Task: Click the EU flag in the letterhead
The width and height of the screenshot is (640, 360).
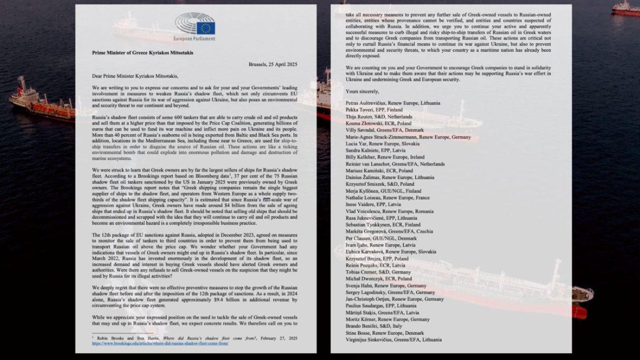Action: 205,28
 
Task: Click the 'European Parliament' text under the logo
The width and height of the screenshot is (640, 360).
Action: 194,39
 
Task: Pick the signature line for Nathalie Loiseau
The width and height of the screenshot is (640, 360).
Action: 396,197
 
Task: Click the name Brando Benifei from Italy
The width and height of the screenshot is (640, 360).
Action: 381,325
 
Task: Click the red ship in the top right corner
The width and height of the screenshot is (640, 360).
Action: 625,9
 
